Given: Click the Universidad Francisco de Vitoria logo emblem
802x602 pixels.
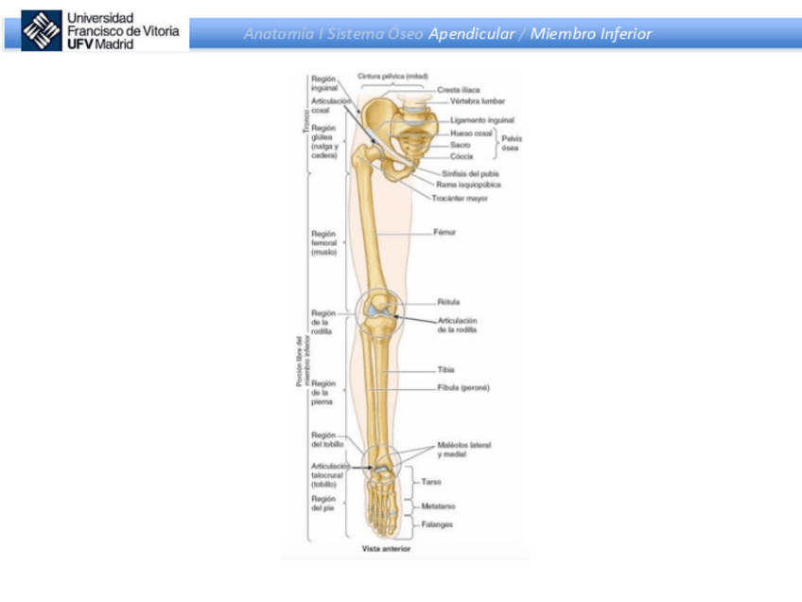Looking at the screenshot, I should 41,31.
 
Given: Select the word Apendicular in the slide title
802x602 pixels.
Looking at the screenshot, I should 470,34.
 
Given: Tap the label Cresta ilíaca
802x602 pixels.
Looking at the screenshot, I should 458,90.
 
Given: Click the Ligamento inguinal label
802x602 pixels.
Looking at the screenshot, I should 481,121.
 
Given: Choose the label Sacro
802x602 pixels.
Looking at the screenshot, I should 460,145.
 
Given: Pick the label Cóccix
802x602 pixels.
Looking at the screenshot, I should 462,156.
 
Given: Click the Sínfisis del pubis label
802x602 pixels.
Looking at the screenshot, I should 471,174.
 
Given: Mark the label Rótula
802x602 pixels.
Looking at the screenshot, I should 447,303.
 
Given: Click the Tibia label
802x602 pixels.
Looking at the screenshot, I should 445,369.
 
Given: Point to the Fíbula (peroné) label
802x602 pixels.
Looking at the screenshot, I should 463,388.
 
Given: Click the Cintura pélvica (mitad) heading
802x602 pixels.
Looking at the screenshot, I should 392,75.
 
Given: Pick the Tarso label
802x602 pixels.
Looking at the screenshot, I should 430,482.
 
